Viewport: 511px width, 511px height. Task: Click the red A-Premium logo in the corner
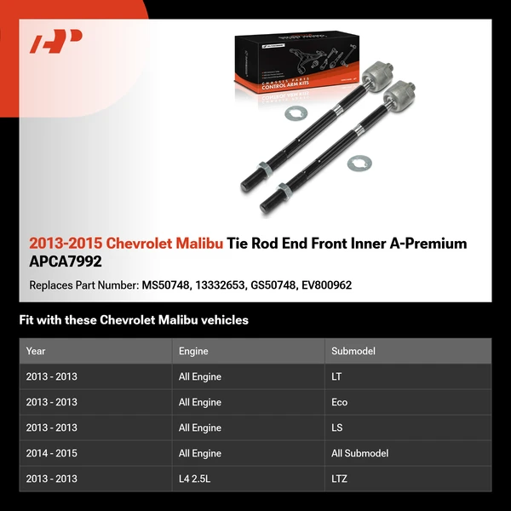[x=56, y=41]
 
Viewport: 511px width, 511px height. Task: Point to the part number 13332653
[x=223, y=285]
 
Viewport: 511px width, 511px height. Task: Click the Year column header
[x=36, y=351]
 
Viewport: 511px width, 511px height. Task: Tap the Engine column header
[x=193, y=351]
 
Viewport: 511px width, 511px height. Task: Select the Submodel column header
[x=353, y=351]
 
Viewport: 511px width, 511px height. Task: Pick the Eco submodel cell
[x=339, y=402]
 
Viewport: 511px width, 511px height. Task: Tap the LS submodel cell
[x=337, y=428]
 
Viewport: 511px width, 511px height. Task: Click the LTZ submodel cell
[x=339, y=479]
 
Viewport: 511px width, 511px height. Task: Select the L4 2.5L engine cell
[x=194, y=479]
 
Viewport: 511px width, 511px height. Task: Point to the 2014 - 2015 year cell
[x=52, y=453]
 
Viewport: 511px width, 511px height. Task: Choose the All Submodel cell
[x=359, y=453]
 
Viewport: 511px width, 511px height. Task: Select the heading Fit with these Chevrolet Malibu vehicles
[x=134, y=320]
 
